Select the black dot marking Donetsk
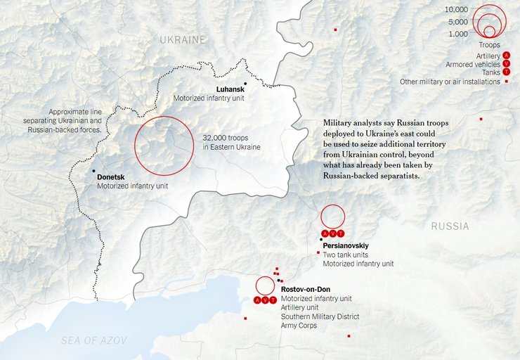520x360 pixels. click(x=93, y=171)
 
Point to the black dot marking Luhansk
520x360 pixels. click(x=245, y=84)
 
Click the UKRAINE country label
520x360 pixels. click(x=183, y=39)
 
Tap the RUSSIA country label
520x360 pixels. click(x=450, y=226)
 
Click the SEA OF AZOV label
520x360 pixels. click(x=93, y=340)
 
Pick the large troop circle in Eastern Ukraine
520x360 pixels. click(x=164, y=146)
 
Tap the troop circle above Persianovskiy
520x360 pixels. click(x=333, y=216)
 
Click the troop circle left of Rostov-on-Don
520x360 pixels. click(x=265, y=285)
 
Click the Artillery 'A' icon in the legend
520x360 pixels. click(x=506, y=55)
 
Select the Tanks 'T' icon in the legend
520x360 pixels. click(x=506, y=72)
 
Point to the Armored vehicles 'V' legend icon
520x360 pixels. click(x=506, y=64)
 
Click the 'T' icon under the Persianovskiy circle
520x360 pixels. click(x=342, y=233)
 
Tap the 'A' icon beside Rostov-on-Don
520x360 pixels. click(x=257, y=301)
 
